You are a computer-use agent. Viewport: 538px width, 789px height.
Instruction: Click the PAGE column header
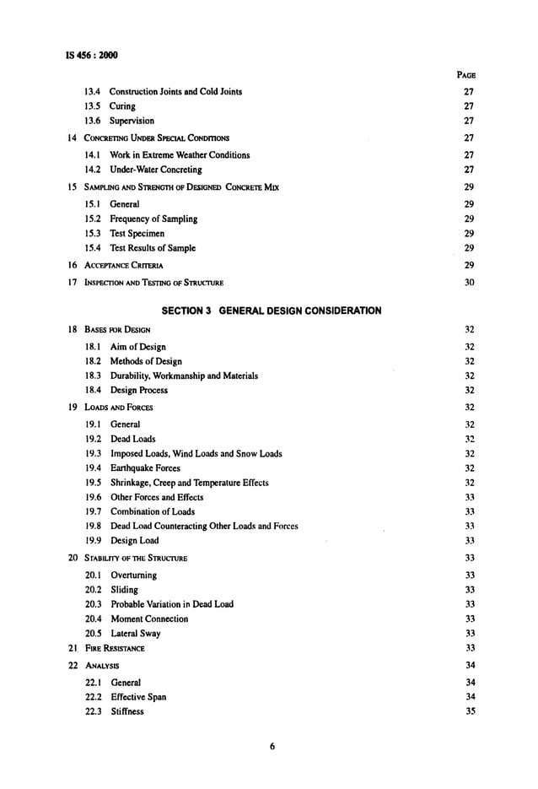(x=465, y=75)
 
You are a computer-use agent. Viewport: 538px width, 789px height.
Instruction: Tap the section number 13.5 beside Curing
(x=93, y=106)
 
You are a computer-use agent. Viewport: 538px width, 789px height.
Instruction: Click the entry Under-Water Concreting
(x=156, y=170)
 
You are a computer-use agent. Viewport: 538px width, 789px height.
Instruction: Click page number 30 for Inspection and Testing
(x=470, y=282)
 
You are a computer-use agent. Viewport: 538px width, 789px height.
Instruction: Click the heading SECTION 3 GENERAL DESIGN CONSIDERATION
(x=271, y=311)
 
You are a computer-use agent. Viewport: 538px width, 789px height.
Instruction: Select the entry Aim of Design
(x=137, y=347)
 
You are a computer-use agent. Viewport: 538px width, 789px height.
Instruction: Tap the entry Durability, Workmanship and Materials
(x=184, y=376)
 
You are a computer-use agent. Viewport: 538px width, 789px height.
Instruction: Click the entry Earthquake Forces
(x=145, y=468)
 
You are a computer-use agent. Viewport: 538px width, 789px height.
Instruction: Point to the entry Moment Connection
(x=149, y=619)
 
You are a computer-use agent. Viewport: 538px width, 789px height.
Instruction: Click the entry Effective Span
(x=137, y=697)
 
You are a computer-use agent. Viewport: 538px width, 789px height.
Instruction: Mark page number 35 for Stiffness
(x=470, y=711)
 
